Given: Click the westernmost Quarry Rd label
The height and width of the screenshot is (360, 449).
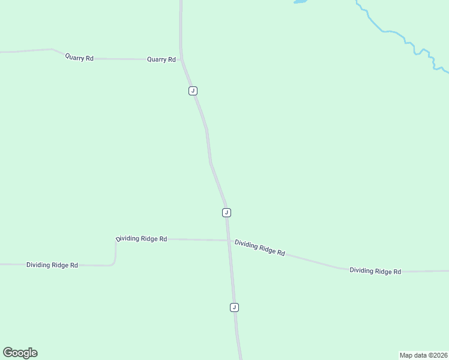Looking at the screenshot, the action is pos(80,58).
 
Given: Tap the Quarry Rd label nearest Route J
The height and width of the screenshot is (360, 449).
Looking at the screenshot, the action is pos(161,59).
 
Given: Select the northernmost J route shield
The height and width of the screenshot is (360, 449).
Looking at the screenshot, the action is pos(193,91).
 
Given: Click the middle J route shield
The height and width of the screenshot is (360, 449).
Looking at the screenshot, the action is pos(226,212).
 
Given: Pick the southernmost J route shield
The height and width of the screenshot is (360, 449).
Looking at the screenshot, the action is pos(234,307).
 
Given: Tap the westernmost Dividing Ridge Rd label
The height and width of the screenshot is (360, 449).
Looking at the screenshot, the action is pos(52,265).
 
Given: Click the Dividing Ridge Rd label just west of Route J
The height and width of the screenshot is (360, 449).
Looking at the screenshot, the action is pos(142,238).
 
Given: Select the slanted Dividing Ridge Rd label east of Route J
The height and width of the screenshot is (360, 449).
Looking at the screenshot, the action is pos(259,247).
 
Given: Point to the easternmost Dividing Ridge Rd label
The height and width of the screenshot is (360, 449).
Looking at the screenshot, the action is pos(375,271).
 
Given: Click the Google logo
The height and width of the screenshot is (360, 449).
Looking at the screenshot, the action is pos(20,353).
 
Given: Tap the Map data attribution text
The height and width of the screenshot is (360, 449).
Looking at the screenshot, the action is pos(423,355).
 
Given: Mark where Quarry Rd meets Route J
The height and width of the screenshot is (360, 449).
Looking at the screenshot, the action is pos(181,59).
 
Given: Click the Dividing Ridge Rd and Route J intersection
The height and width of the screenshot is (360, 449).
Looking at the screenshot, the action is pos(228,241).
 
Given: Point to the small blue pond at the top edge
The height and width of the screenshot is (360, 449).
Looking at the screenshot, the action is pos(300,2).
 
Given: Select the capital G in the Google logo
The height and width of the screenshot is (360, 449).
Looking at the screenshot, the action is pos(8,352).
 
